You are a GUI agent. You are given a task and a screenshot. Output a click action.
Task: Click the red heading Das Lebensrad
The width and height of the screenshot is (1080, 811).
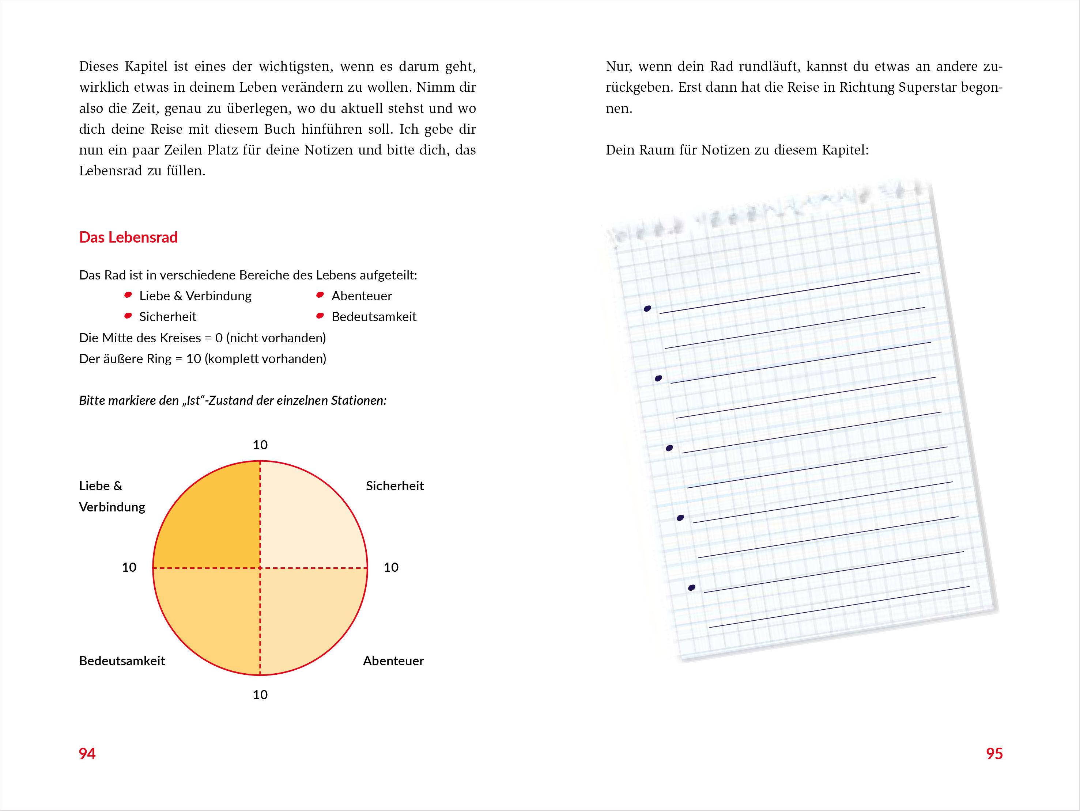click(128, 237)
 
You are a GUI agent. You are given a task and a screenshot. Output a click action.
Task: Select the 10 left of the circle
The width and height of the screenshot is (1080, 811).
click(129, 567)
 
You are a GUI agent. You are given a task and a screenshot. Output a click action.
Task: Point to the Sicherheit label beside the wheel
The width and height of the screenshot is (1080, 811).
click(394, 486)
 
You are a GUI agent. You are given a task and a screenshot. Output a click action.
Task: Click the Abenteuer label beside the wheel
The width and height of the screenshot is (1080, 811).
click(393, 661)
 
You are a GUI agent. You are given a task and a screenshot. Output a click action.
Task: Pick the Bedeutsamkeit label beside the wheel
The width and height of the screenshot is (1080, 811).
click(122, 661)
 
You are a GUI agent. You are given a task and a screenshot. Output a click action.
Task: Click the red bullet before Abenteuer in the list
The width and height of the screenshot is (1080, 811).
click(320, 295)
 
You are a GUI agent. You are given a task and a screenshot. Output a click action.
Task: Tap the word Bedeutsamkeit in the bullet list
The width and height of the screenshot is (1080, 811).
click(374, 317)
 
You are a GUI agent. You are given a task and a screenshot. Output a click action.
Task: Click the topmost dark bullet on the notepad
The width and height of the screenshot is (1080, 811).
click(647, 308)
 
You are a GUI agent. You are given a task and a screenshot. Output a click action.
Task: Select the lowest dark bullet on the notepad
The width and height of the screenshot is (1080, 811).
click(691, 587)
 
